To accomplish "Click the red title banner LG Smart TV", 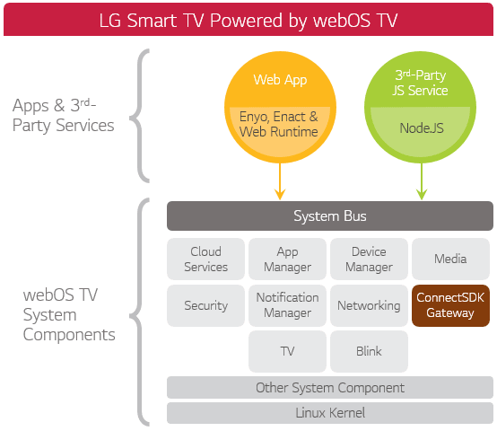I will [248, 18].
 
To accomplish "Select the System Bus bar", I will [329, 216].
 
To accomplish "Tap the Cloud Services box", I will [205, 259].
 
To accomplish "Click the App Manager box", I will [287, 259].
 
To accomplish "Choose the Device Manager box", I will [369, 259].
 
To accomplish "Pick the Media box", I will [450, 259].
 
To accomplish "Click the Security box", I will [205, 305].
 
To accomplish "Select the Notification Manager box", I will [287, 305].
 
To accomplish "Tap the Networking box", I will [369, 305].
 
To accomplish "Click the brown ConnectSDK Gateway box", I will [450, 305].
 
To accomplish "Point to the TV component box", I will [287, 351].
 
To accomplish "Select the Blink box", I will [369, 351].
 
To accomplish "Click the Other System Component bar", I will [329, 388].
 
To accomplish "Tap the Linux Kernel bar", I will [329, 413].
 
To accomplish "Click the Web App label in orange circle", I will [280, 80].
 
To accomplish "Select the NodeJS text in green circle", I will [421, 128].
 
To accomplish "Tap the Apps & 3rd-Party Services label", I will [64, 116].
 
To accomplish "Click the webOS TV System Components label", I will [69, 314].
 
